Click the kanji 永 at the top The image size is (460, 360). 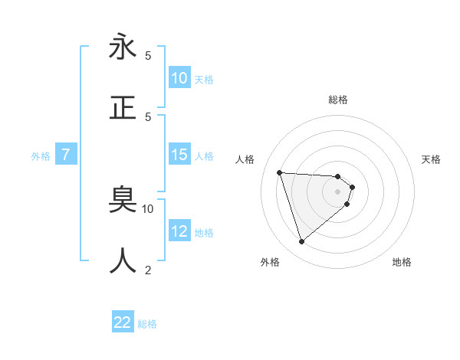pos(123,47)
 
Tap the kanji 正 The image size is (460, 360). pos(123,107)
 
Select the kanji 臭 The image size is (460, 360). pos(123,201)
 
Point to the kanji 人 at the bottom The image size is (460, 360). pos(123,260)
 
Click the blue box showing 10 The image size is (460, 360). pos(179,78)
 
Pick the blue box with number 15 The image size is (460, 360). pos(179,155)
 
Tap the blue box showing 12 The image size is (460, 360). pos(179,232)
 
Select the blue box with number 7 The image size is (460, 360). pos(66,155)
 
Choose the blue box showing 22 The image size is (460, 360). pos(123,322)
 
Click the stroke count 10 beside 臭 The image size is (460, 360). pos(148,208)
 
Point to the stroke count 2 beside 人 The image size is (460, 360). pos(148,270)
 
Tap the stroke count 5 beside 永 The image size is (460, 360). pos(148,56)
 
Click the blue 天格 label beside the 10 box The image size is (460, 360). pos(204,79)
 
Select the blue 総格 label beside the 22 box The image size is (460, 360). pos(147,323)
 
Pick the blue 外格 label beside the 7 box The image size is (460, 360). pos(41,156)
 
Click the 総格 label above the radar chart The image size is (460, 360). pos(338,100)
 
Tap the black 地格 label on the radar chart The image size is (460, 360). pos(402,262)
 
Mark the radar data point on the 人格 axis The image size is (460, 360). pos(280,172)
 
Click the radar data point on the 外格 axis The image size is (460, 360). pos(301,242)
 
